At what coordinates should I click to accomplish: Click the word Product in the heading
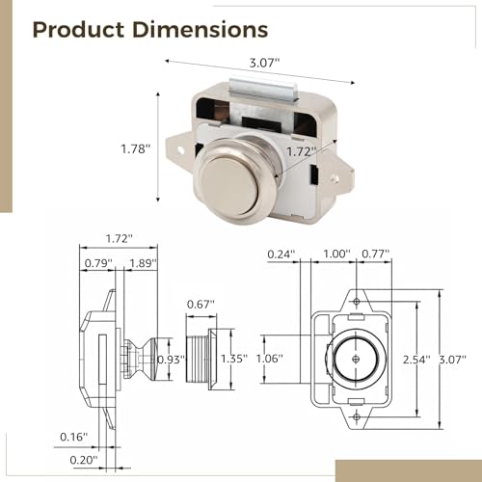[x=78, y=30]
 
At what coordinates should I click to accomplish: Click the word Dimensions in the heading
[x=200, y=30]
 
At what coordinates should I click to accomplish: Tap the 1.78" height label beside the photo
[x=136, y=149]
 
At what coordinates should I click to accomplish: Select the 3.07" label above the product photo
[x=265, y=63]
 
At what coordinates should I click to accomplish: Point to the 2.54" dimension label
[x=416, y=360]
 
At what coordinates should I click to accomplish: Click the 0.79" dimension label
[x=98, y=263]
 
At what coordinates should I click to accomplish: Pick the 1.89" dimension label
[x=143, y=263]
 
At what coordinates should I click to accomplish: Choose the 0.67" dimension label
[x=201, y=304]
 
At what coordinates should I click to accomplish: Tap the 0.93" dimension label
[x=172, y=360]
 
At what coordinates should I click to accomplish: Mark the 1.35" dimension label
[x=234, y=359]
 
